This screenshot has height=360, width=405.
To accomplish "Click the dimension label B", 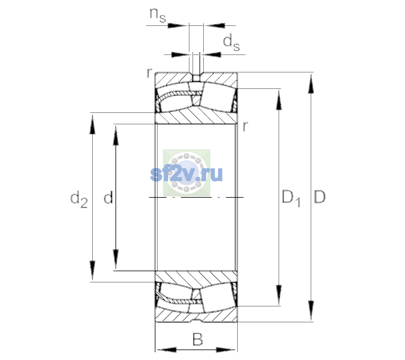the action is [x=197, y=339].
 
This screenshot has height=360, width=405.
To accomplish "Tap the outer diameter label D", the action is [x=320, y=197].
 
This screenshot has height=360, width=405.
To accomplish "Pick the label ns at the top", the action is [x=158, y=16].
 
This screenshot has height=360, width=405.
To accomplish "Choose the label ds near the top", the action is [x=231, y=42].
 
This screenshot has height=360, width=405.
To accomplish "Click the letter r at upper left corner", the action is [x=149, y=73].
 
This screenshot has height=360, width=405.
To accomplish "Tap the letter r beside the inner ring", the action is [x=245, y=126].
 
